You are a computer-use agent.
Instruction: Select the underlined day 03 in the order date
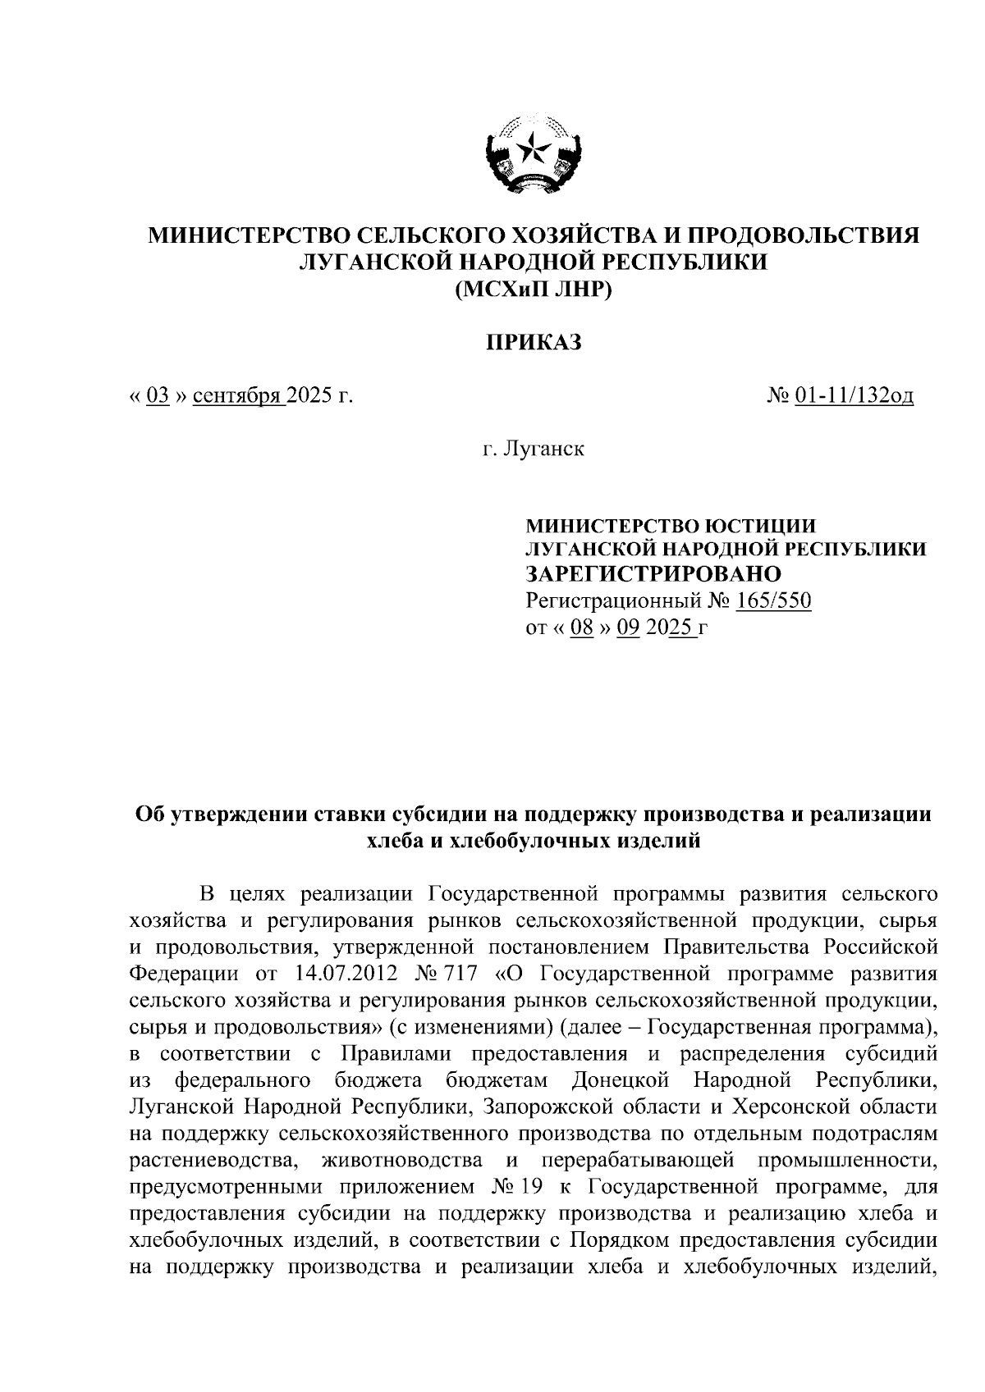click(x=158, y=396)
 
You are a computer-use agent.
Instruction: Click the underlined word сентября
click(x=238, y=396)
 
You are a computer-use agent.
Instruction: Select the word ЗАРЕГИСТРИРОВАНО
click(x=653, y=573)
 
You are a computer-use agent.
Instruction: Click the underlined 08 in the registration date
click(x=581, y=628)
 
